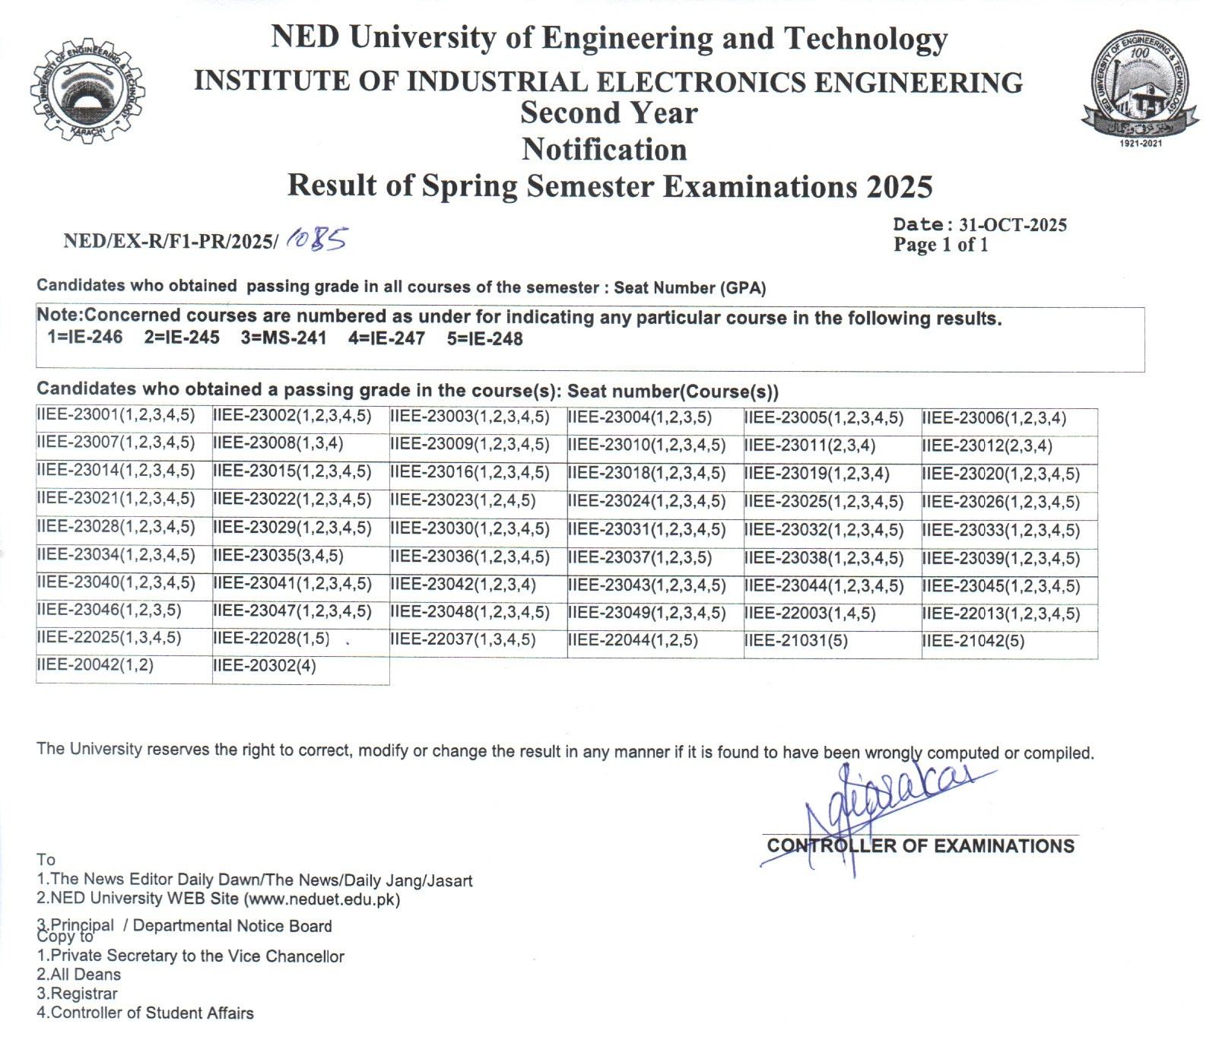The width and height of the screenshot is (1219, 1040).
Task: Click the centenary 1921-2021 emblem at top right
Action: click(1140, 90)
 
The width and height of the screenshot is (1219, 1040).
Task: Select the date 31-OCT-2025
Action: click(1013, 225)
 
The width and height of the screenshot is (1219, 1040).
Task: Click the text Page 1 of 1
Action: click(941, 245)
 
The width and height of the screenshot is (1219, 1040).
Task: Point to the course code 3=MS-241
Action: click(284, 338)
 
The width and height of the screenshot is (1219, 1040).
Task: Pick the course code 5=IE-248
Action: click(484, 339)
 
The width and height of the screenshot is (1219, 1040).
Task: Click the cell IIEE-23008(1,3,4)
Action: click(278, 443)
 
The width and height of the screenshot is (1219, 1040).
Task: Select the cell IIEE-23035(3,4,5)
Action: click(278, 556)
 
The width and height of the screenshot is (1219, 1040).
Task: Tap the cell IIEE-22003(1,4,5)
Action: click(810, 614)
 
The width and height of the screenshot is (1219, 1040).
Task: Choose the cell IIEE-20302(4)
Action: click(265, 667)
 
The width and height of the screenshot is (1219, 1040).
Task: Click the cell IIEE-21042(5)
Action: click(973, 641)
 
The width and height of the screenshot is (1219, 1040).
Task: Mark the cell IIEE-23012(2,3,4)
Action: click(987, 445)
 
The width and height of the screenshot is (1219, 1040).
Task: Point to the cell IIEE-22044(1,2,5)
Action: click(633, 640)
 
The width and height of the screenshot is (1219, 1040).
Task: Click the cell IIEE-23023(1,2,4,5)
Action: click(463, 501)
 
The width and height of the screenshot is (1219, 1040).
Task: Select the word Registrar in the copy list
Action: click(84, 994)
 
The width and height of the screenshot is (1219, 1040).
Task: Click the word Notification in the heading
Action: click(605, 150)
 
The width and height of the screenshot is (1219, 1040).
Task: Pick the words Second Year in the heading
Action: click(608, 113)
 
